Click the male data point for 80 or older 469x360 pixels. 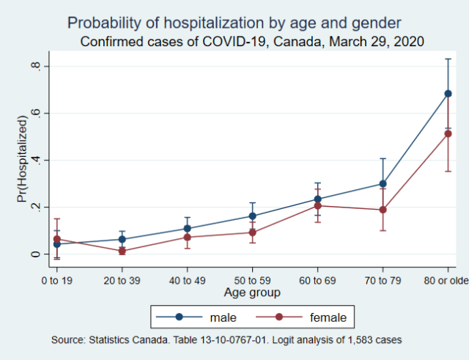point(448,94)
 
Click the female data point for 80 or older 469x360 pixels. point(448,133)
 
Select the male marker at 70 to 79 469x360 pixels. point(383,184)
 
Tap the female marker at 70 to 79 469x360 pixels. point(383,210)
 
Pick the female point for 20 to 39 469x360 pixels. point(122,251)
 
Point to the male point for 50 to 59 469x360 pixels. point(252,216)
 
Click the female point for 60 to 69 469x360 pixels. point(317,206)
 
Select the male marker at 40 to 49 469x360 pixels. point(187,229)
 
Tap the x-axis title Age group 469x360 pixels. point(252,292)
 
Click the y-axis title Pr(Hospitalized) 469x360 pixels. point(22,161)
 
